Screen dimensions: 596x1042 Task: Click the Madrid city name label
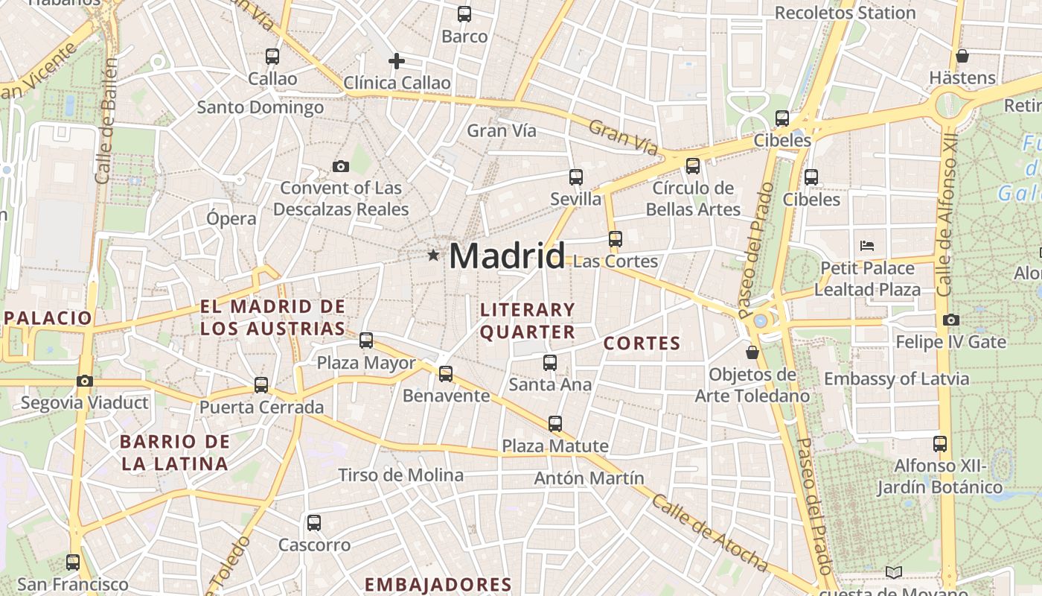pos(507,256)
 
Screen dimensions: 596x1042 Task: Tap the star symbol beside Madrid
pos(433,256)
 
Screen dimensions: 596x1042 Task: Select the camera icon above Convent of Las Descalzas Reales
pos(341,166)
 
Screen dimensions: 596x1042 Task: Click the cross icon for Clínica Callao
pos(397,60)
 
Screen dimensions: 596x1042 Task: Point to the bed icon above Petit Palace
pos(866,246)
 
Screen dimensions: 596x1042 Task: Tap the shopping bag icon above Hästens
pos(962,56)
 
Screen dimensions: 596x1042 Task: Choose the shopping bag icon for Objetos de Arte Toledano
pos(752,352)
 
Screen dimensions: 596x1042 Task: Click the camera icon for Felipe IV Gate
pos(950,320)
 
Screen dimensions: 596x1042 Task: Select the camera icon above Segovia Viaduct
pos(85,381)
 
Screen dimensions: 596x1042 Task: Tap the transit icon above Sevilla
pos(575,177)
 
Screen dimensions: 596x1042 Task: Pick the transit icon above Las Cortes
pos(615,239)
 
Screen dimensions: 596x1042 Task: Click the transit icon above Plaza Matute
pos(554,424)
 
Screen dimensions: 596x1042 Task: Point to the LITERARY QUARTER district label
pos(528,320)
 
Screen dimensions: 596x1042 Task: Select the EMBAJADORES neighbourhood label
pos(438,584)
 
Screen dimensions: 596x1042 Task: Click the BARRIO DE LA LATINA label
pos(175,452)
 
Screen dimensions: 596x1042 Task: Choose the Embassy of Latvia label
pos(896,378)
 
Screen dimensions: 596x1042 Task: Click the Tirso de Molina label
pos(400,475)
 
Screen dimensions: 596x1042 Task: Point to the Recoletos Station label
pos(845,13)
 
